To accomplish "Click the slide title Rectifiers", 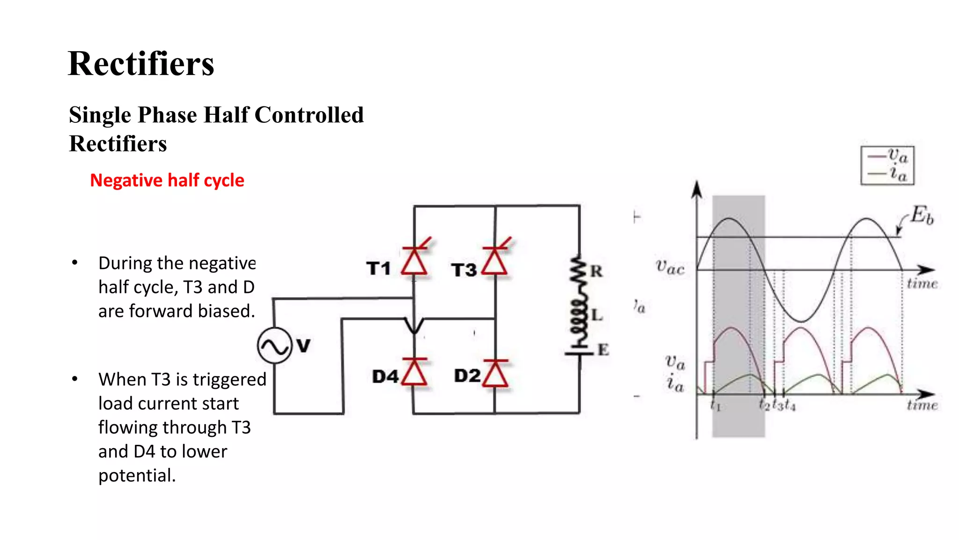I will click(141, 64).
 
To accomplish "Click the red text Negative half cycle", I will click(167, 180).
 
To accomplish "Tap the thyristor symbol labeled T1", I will click(414, 262).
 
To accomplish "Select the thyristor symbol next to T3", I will click(495, 262).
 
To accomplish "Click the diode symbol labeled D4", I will click(414, 373).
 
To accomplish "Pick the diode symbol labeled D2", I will click(495, 374).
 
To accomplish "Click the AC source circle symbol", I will click(274, 345).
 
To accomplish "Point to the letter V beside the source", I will click(303, 346).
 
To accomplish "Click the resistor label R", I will click(596, 271).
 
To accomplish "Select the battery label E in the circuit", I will click(603, 350).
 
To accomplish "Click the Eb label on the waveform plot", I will click(922, 216).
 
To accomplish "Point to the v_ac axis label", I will click(670, 267).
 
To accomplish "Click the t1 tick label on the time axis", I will click(715, 405).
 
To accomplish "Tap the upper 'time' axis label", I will click(922, 284).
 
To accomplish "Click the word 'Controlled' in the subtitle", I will click(309, 115).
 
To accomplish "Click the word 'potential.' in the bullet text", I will click(137, 475).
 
